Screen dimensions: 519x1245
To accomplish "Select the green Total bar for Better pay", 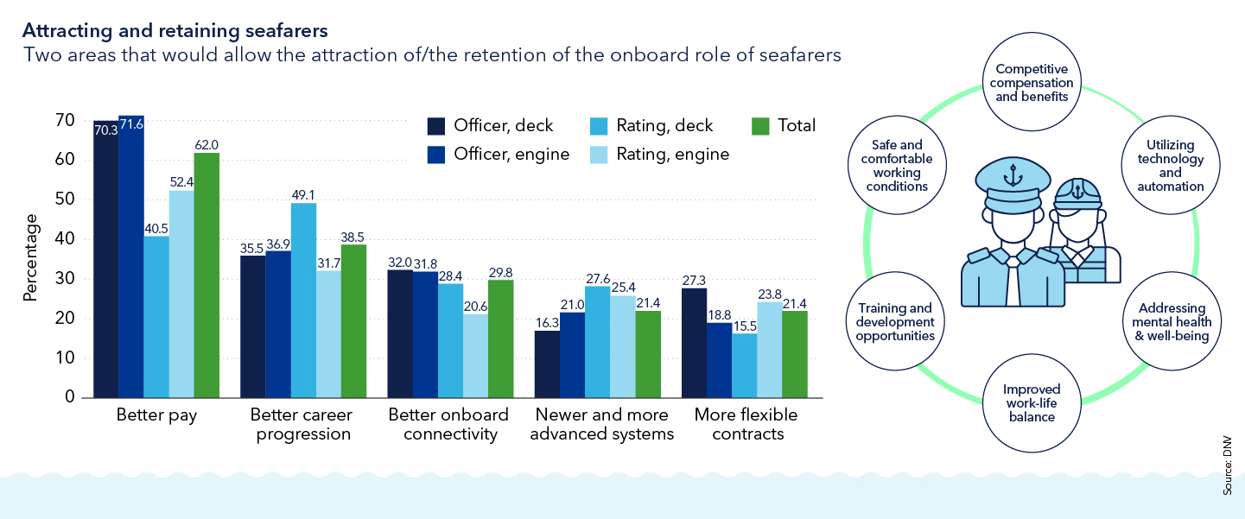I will coord(206,275).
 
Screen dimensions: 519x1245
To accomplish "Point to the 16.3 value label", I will coord(547,322).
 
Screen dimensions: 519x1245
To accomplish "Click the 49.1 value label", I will coord(303,195).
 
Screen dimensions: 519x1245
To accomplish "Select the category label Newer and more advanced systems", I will coord(601,424).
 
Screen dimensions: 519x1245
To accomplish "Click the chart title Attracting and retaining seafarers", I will coord(175,31).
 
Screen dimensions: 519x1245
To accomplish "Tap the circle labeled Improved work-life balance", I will coord(1031,403).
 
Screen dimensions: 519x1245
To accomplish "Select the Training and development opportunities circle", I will coord(895,321).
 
